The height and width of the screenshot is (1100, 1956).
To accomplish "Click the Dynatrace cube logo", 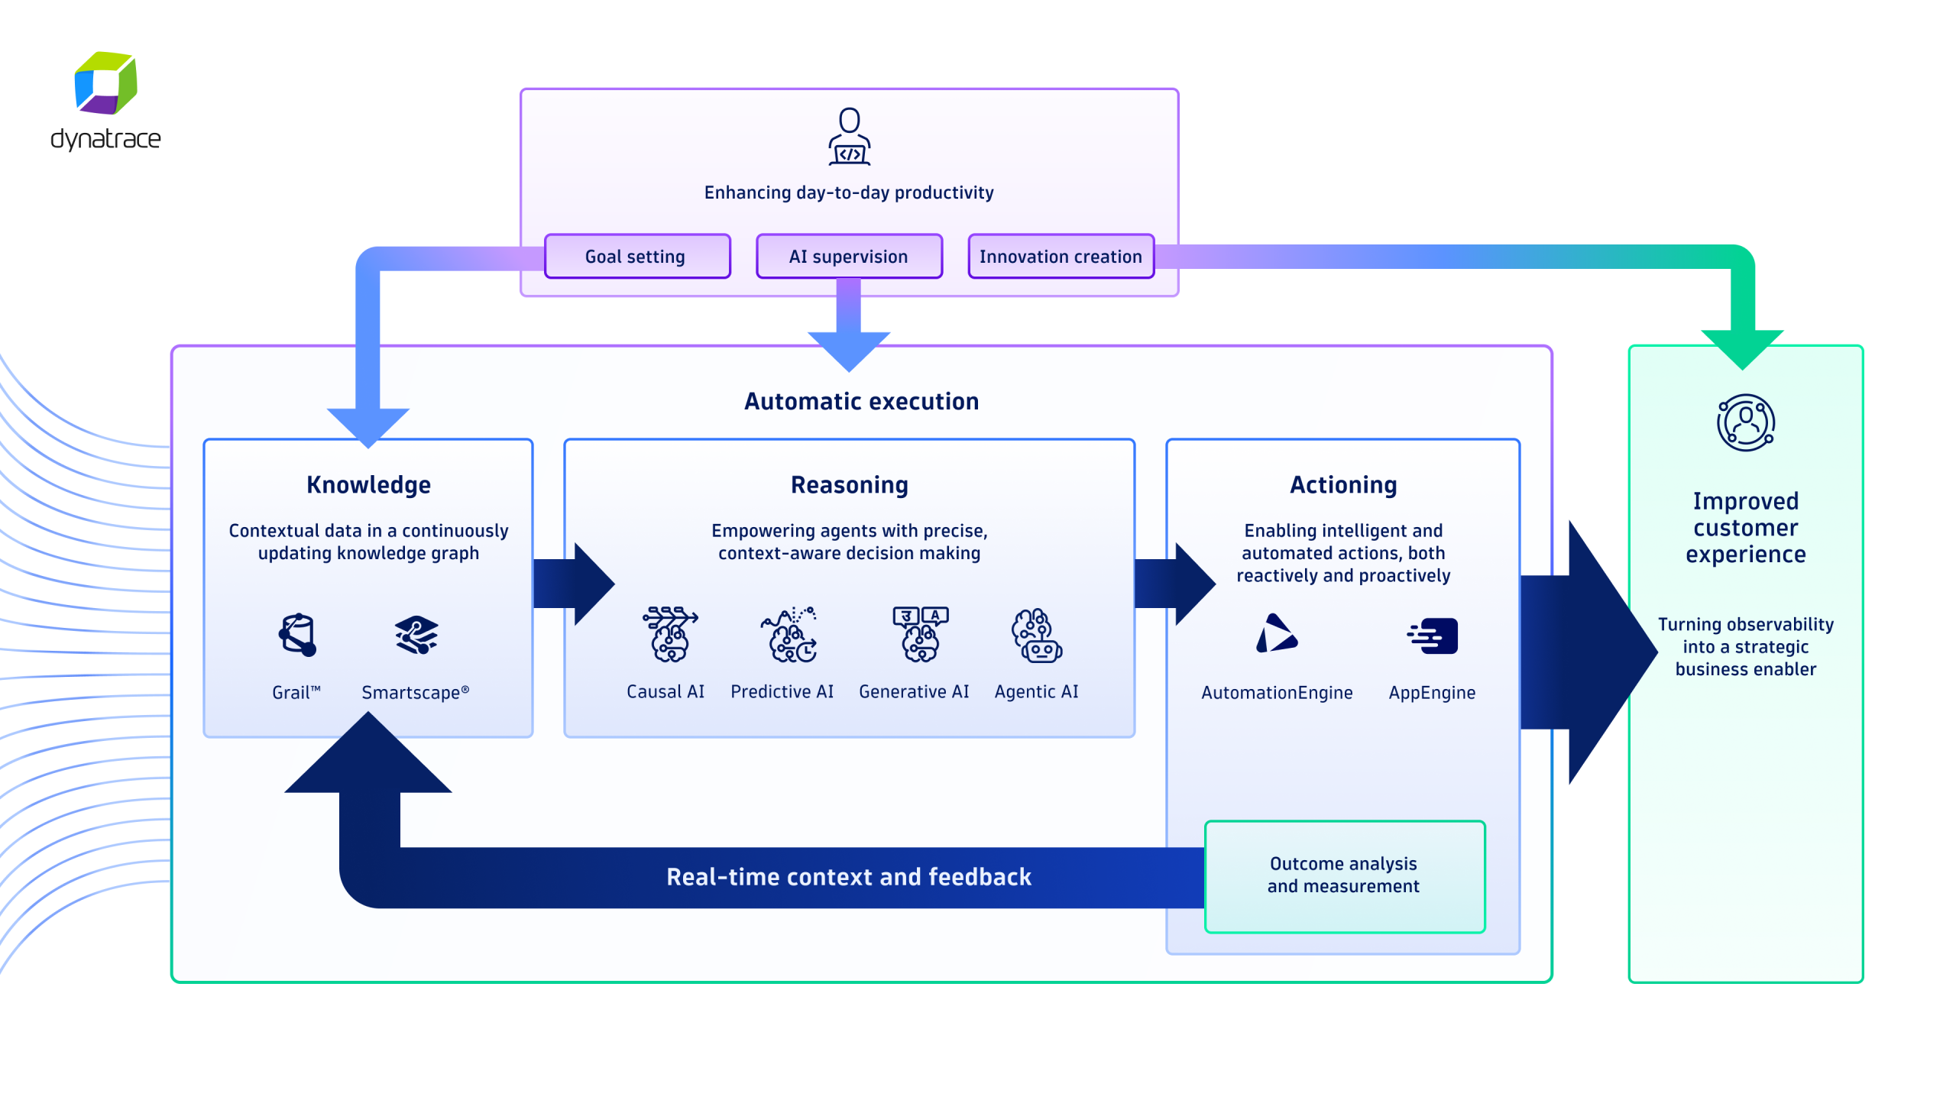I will (x=105, y=82).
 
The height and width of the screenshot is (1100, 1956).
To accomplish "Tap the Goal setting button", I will (x=636, y=257).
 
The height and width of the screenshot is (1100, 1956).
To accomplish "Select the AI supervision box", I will (x=848, y=257).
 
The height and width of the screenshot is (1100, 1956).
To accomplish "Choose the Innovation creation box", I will (x=1060, y=257).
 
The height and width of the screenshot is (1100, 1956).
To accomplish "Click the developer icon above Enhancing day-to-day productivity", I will (x=849, y=137).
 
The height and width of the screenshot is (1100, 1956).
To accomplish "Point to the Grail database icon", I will (x=297, y=635).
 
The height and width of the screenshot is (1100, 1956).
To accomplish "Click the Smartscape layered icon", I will (x=416, y=635).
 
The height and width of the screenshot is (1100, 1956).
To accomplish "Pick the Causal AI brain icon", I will (x=669, y=634).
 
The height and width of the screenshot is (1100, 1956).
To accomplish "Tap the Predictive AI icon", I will (x=789, y=634).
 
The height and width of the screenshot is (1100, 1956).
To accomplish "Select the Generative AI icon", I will (x=920, y=634).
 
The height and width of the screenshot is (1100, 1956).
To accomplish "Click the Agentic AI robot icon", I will (x=1036, y=635).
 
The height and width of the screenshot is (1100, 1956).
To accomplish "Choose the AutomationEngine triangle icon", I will (x=1275, y=635).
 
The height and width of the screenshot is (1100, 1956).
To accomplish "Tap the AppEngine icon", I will (x=1433, y=636).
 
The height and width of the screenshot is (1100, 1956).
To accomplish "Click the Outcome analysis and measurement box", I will (x=1343, y=875).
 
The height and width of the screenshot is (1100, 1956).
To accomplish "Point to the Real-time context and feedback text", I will (x=848, y=877).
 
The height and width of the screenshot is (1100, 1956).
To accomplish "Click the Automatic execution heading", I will (x=861, y=402).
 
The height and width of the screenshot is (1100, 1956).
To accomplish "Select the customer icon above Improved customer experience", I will (x=1745, y=422).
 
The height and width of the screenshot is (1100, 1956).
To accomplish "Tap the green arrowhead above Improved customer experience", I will (x=1741, y=348).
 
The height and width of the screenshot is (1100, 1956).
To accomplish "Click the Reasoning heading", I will (x=849, y=485).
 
